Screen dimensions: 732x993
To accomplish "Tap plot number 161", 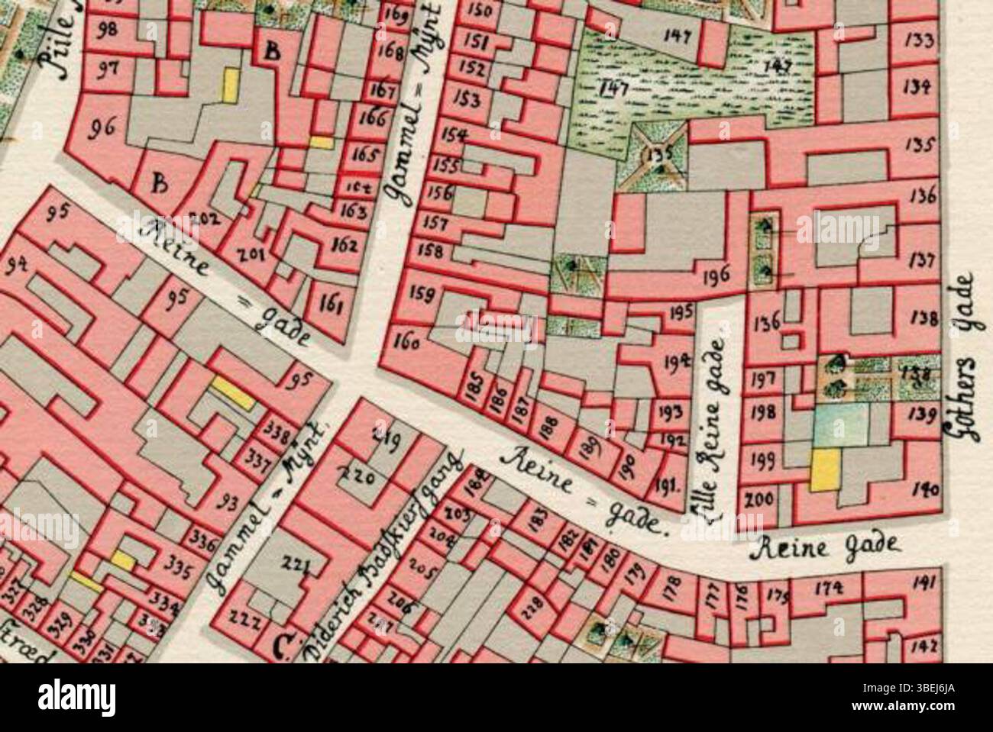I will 331,305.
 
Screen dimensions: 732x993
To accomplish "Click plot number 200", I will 759,500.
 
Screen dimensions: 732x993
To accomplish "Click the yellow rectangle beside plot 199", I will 824,469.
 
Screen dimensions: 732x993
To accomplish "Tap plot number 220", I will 358,478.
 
